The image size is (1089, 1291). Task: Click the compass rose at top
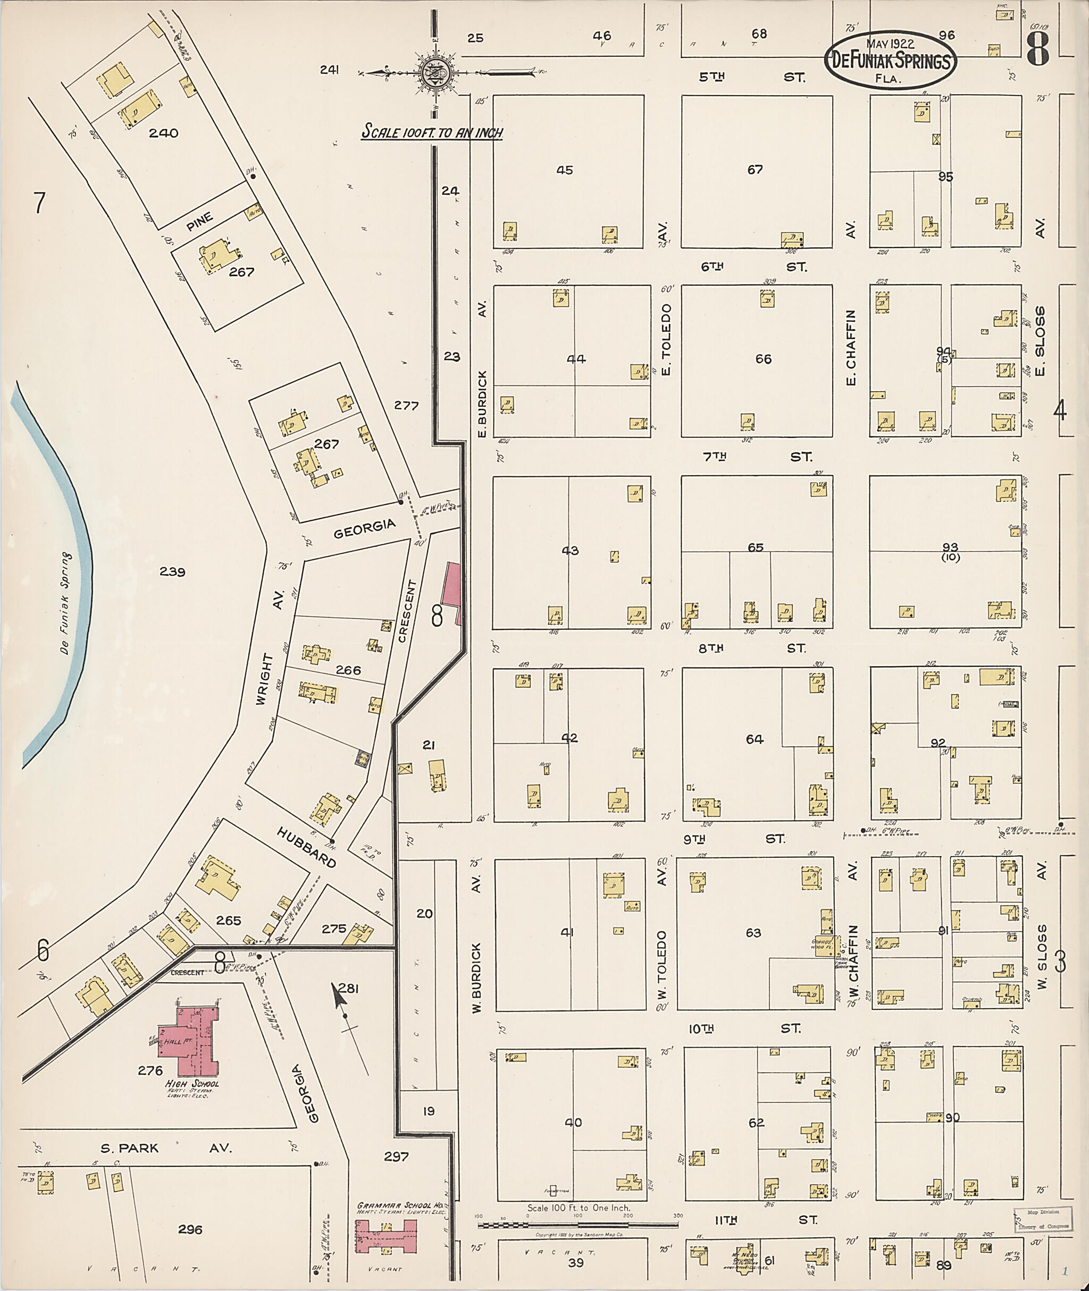point(435,73)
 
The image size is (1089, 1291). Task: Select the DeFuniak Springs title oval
point(890,61)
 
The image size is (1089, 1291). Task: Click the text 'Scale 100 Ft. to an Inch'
point(432,132)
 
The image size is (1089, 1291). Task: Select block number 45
point(564,170)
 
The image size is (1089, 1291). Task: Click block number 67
point(755,169)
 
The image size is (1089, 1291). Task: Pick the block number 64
point(755,739)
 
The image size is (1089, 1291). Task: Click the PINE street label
point(199,221)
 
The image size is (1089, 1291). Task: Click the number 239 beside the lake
point(172,571)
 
